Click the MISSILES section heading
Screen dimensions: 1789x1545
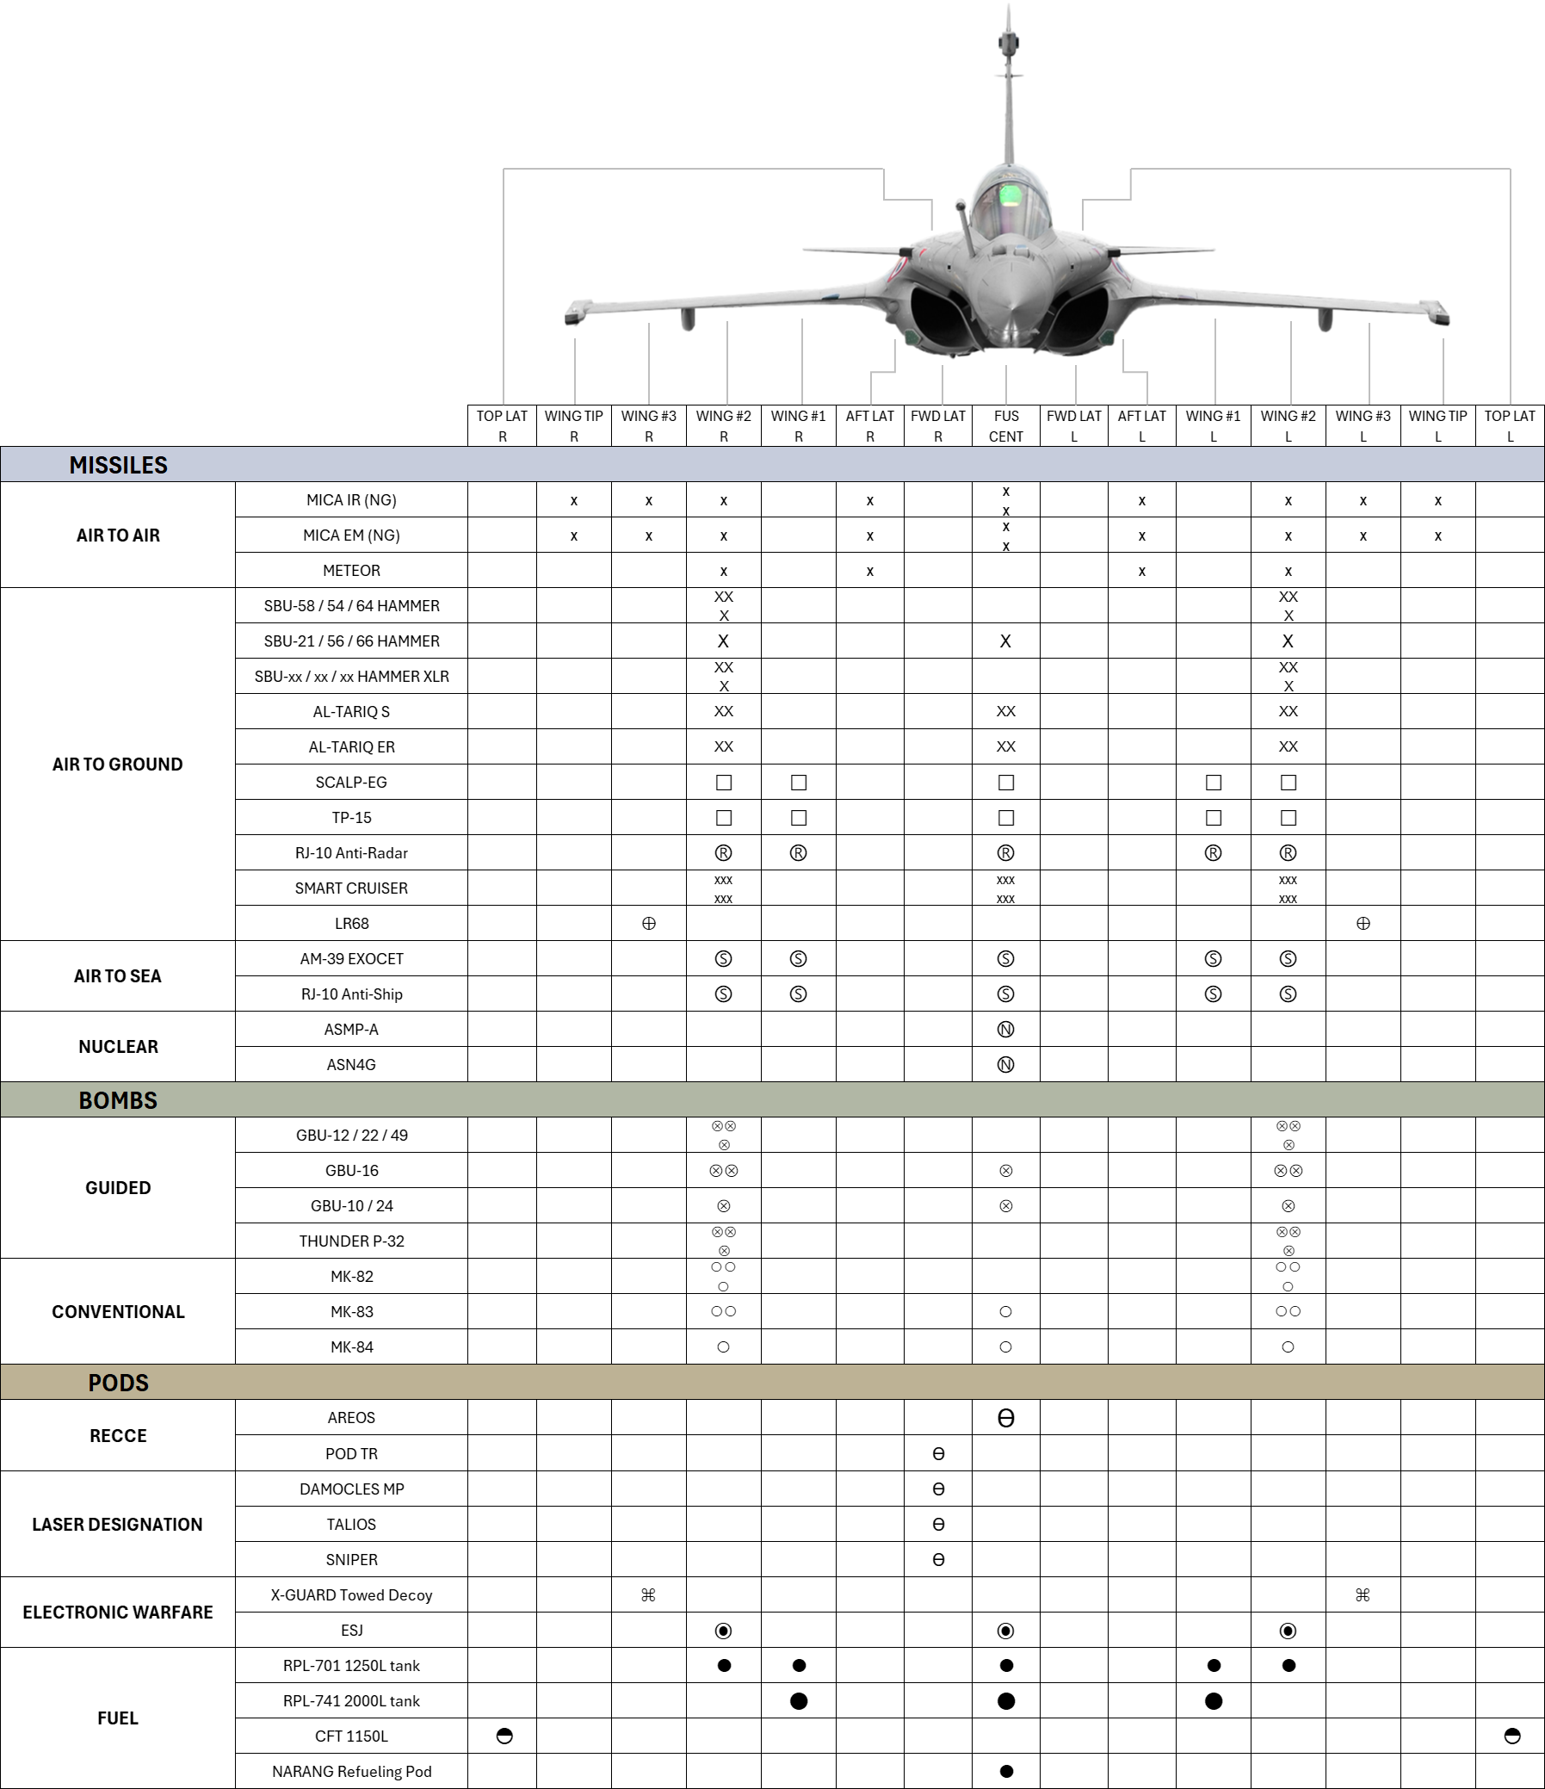pos(118,466)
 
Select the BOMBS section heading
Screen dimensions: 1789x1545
pos(118,1100)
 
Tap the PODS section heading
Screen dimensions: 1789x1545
pos(118,1383)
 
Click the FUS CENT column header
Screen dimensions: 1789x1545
pos(1005,426)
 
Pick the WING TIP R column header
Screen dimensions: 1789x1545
pos(574,426)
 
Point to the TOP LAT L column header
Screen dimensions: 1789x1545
pos(1510,426)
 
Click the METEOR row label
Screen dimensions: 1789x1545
pos(351,571)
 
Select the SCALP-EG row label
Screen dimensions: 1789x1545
pos(351,783)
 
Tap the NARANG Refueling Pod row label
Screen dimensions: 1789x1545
pos(351,1771)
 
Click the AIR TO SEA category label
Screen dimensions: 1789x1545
pos(117,975)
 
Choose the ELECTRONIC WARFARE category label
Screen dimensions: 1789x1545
pos(117,1612)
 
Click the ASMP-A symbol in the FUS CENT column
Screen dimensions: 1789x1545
pos(1005,1029)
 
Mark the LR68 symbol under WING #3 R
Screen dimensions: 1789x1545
pos(649,924)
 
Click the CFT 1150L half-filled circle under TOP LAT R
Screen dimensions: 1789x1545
pos(505,1736)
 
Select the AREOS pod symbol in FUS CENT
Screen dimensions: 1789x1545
pos(1005,1418)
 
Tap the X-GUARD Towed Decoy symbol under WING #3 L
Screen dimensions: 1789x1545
pos(1363,1594)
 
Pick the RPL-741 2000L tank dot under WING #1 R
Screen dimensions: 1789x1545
pos(799,1701)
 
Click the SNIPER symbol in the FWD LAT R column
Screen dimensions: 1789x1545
pos(938,1559)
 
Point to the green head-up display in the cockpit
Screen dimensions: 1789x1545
pos(1009,196)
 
